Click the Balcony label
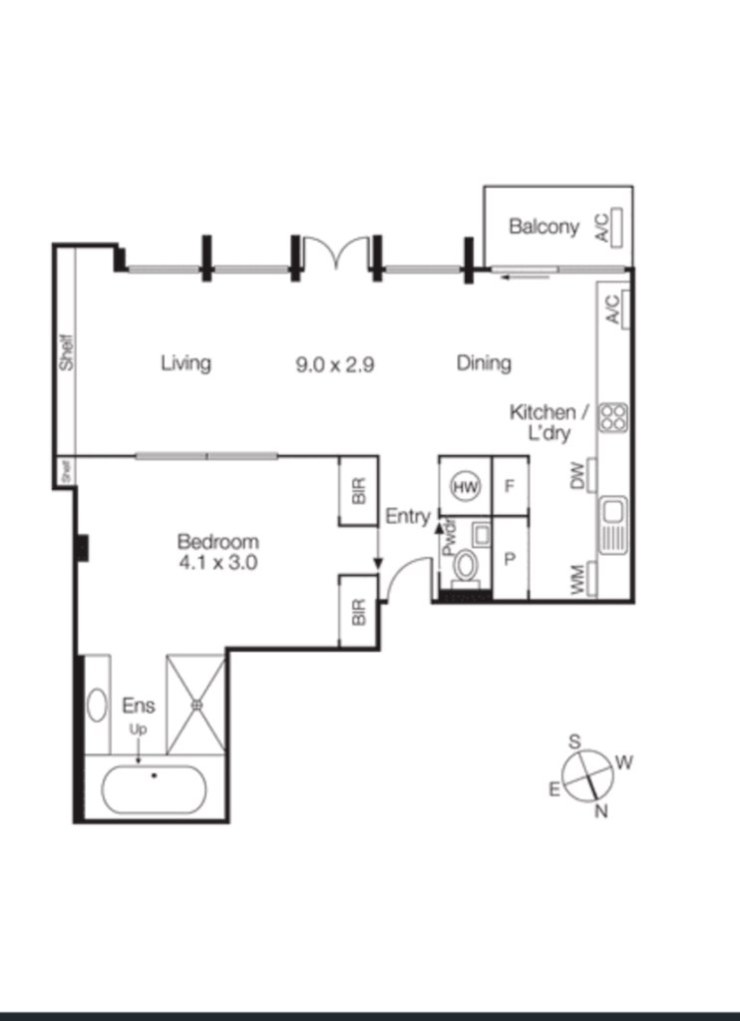pos(544,228)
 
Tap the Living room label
pos(186,362)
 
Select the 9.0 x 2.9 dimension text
pos(334,364)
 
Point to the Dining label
pos(484,362)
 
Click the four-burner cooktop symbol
pos(613,418)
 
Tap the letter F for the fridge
pos(510,486)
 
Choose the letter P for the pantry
pos(511,559)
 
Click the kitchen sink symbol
pos(613,525)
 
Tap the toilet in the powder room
pos(465,568)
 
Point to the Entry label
pos(408,517)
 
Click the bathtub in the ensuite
pos(154,789)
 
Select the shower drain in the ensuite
pos(195,705)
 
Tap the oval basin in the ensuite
pos(97,706)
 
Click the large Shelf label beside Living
pos(67,352)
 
